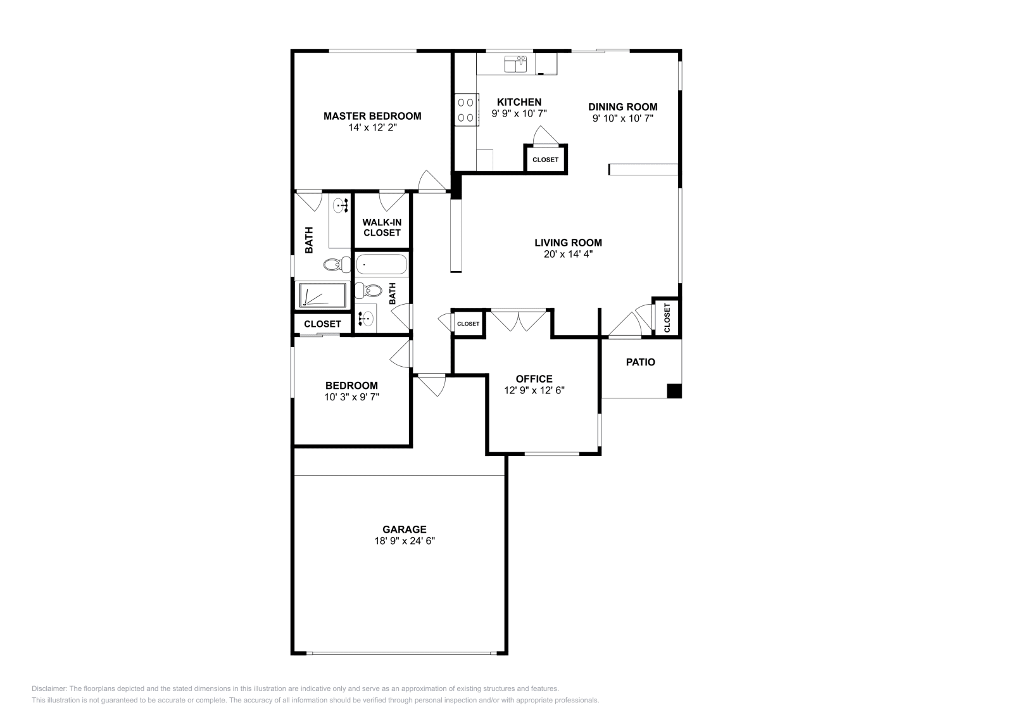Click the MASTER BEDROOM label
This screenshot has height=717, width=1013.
click(x=372, y=116)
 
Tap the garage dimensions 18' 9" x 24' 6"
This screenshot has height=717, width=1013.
click(x=404, y=541)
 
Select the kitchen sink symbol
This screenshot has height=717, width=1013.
click(x=515, y=64)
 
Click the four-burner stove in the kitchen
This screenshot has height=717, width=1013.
click(x=467, y=109)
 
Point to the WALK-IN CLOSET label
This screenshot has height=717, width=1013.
click(x=382, y=227)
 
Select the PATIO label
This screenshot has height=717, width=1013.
click(x=640, y=362)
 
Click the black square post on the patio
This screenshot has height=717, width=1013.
click(x=674, y=391)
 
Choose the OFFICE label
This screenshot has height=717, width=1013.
click(x=534, y=379)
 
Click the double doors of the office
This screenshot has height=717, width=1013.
click(x=519, y=320)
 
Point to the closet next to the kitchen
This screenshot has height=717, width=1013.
click(x=545, y=160)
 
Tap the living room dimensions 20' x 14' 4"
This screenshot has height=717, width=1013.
click(x=568, y=254)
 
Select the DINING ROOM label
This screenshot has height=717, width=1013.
click(x=622, y=107)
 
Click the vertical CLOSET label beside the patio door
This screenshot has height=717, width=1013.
click(x=667, y=317)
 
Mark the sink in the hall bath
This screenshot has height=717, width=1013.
click(x=365, y=318)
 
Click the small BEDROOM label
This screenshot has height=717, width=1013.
click(x=351, y=385)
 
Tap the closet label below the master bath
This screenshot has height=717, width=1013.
click(x=322, y=324)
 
